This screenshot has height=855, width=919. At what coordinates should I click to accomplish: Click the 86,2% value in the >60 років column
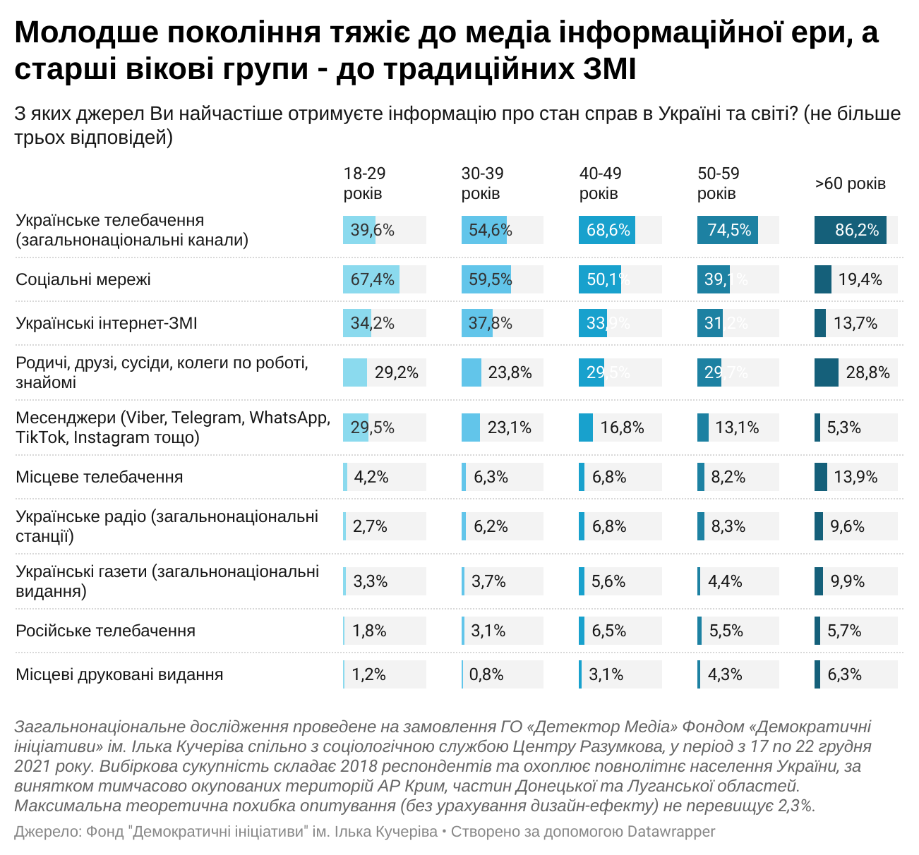tap(856, 230)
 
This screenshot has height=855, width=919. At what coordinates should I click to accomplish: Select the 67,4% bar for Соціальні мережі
tap(371, 279)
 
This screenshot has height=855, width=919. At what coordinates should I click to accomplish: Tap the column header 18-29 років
tap(364, 183)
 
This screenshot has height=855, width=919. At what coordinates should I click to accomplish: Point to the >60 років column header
tap(850, 183)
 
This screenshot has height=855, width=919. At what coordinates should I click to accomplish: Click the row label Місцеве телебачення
tap(100, 477)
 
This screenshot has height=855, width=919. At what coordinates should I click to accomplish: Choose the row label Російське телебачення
tap(105, 631)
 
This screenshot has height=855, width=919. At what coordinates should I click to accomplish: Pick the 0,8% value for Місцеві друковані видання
tap(486, 674)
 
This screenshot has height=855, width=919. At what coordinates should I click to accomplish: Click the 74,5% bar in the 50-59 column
tap(728, 230)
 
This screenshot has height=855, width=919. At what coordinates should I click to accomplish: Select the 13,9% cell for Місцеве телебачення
tap(855, 477)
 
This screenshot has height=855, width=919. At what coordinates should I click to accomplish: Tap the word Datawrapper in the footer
tap(671, 832)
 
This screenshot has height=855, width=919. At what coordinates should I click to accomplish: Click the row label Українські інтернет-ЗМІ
tap(107, 323)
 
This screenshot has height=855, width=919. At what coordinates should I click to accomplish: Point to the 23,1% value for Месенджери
tap(510, 427)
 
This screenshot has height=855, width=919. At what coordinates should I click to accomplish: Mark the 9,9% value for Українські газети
tap(847, 581)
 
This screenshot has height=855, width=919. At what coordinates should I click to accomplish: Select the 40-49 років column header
tap(600, 183)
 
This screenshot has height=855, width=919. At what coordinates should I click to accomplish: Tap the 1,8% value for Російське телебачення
tap(369, 631)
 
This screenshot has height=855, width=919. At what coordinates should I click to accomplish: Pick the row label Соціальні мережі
tap(83, 279)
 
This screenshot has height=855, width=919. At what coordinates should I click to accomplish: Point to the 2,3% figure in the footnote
tap(795, 806)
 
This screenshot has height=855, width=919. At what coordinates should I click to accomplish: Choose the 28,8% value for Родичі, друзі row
tap(867, 372)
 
